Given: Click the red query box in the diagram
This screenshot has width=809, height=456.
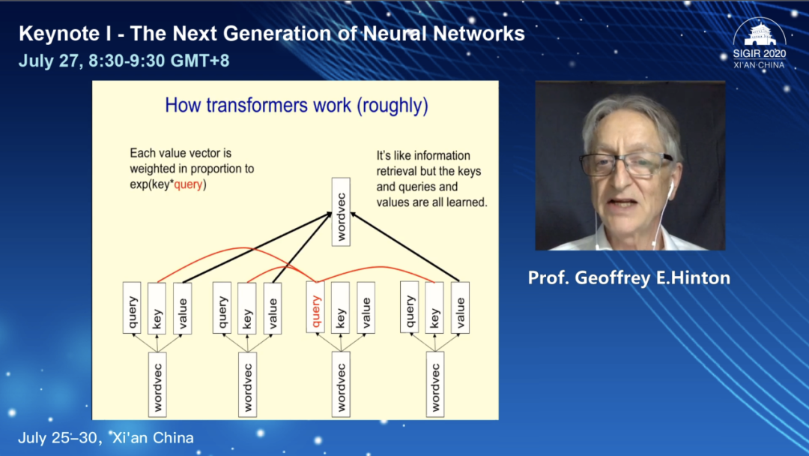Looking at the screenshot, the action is [315, 307].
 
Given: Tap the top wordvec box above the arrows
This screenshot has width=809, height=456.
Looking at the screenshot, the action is [341, 212].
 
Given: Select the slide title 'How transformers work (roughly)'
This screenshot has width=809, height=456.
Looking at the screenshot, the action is [297, 105].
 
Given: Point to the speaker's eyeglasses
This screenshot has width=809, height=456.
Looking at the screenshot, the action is [625, 164].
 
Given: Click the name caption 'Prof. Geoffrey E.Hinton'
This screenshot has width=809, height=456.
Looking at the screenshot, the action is [628, 278].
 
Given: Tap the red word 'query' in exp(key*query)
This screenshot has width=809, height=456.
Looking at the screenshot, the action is [188, 184].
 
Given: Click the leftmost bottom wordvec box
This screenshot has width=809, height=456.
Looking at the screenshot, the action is [157, 383].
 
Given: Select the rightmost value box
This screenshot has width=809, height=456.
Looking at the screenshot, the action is [460, 307].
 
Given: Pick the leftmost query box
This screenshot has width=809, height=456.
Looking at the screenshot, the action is [131, 307].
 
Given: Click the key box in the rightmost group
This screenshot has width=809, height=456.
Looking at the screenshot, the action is [434, 307].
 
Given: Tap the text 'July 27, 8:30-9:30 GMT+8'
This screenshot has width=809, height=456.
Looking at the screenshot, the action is [124, 61].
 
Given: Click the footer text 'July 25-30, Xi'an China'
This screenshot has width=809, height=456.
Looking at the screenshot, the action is [106, 438].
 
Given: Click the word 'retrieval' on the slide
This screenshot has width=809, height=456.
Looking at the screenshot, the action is [399, 171].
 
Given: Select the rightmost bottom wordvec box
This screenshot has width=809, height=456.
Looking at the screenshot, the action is [434, 383].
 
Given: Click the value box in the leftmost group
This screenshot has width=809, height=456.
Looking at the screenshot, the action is [182, 307].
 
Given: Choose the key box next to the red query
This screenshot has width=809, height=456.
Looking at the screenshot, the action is [341, 307].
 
